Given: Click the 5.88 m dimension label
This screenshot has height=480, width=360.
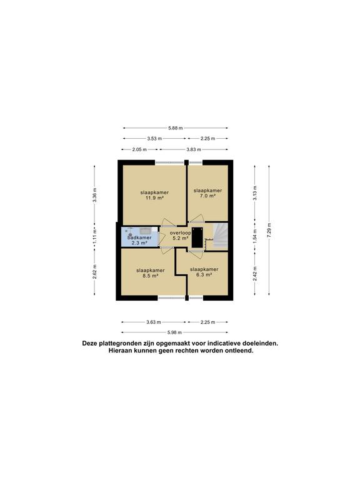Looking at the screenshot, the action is (x=176, y=128).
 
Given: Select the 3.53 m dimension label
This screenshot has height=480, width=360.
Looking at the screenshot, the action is (x=154, y=139).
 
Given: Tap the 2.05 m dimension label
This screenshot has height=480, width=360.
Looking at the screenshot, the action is (x=139, y=150).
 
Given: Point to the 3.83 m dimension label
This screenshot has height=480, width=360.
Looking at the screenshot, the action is (x=194, y=150).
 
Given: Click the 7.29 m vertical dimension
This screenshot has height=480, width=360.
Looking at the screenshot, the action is (x=269, y=230).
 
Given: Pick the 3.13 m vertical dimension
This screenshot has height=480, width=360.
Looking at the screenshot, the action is (x=255, y=193).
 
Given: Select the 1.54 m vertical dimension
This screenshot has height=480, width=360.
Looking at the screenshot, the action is (x=255, y=237).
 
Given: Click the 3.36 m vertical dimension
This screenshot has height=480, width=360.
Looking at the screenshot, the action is (x=94, y=195).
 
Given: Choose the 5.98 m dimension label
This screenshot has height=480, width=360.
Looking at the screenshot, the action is (x=174, y=332).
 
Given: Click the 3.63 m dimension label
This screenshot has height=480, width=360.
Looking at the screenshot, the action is (x=154, y=322).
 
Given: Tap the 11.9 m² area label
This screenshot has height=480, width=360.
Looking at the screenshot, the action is (x=154, y=197).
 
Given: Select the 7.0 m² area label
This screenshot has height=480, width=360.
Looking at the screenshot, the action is (x=208, y=196).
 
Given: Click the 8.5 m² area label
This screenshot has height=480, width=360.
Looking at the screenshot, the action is (x=151, y=276).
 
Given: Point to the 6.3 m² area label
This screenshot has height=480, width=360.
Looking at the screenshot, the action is (x=204, y=274).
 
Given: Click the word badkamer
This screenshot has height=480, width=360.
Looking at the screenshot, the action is (x=139, y=237).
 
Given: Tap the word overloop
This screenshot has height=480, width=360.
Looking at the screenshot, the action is (x=180, y=233).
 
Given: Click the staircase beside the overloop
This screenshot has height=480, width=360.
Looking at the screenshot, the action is (x=220, y=236).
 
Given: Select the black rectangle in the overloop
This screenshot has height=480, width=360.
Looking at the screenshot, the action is (x=197, y=238).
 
